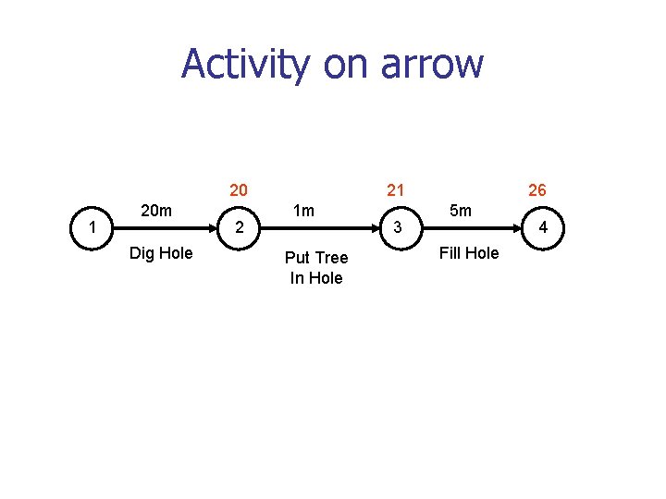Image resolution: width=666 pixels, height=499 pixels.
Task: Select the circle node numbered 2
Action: pos(239,227)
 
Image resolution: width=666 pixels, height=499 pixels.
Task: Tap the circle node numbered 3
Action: pos(397,227)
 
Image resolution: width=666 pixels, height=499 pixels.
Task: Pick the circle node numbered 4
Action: pos(543,227)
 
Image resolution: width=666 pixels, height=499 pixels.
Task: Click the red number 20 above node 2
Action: pos(239,190)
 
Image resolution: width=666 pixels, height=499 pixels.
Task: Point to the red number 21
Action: pos(395,190)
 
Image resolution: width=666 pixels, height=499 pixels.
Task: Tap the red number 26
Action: pos(536,190)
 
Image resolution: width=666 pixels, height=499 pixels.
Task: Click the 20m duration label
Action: pos(156,211)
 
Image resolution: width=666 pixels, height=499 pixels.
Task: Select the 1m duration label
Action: pos(303,211)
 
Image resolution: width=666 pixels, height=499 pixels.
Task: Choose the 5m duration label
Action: pos(460,211)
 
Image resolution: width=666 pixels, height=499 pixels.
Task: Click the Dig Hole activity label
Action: pos(161,253)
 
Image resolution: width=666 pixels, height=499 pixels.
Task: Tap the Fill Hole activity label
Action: pos(469,253)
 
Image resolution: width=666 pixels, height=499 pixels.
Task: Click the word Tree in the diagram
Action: pos(331,258)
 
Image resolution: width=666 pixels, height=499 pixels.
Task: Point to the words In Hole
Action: pos(316,278)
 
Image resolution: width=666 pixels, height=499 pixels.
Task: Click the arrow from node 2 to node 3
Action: pos(317,227)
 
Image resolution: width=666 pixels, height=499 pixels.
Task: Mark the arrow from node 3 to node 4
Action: pos(470,227)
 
